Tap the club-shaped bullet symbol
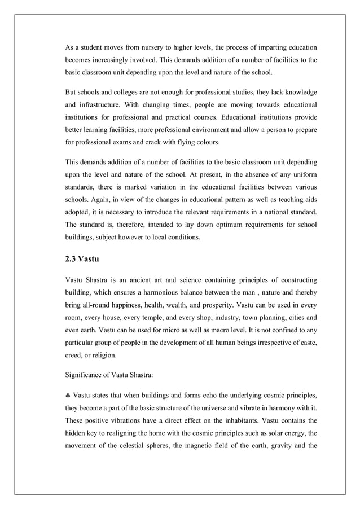click(x=68, y=397)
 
